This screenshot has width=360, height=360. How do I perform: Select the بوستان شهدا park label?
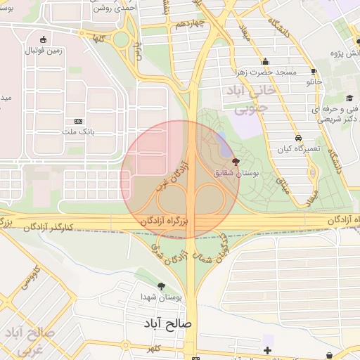(161, 297)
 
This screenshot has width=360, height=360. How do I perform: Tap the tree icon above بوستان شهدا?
(162, 286)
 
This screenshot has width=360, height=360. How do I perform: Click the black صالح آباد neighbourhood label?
(166, 323)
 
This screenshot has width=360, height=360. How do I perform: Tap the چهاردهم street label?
(190, 23)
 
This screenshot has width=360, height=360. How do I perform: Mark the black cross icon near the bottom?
(267, 350)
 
